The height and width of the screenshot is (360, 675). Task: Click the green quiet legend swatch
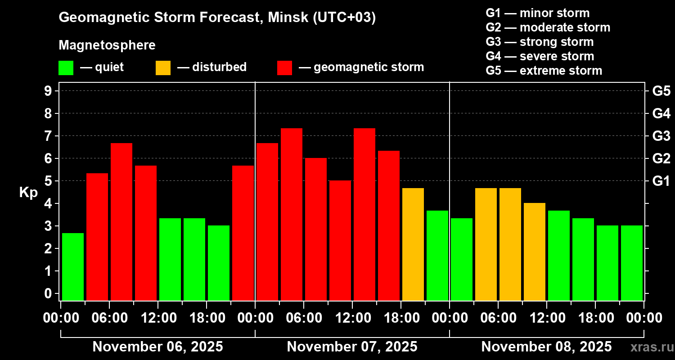click(x=66, y=67)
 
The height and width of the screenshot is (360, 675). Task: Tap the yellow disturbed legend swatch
click(x=163, y=67)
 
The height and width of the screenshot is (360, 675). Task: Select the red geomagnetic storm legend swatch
click(x=284, y=67)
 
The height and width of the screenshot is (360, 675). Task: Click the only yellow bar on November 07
click(x=413, y=244)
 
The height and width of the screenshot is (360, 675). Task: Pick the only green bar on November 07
click(x=437, y=255)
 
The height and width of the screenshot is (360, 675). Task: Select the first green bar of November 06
click(x=73, y=266)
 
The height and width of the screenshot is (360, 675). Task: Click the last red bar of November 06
click(x=243, y=233)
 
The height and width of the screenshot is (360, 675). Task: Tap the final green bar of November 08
click(x=632, y=263)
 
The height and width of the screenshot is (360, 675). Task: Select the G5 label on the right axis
click(x=661, y=91)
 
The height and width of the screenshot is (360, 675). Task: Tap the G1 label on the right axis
click(x=661, y=181)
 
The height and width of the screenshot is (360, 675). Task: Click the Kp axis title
click(x=28, y=193)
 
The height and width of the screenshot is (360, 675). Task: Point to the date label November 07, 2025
click(x=352, y=347)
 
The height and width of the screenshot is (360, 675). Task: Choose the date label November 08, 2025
click(x=546, y=347)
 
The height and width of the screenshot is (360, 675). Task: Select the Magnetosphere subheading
click(x=107, y=45)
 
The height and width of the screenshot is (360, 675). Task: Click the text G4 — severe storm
click(x=540, y=56)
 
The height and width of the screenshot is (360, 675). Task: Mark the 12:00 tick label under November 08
click(x=546, y=318)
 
